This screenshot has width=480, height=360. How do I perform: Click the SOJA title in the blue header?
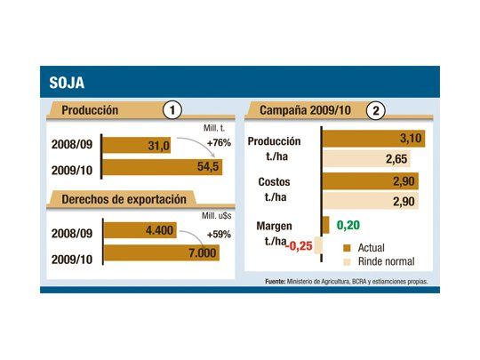point(67,84)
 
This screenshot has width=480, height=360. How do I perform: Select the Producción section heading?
point(90,111)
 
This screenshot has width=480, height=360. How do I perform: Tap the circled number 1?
point(173,111)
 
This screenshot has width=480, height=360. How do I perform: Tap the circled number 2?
point(378,111)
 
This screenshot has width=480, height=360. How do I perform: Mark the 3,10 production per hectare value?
point(411,139)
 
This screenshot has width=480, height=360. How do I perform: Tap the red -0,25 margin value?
point(300,245)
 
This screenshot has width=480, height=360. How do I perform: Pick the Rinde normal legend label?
point(388,263)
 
